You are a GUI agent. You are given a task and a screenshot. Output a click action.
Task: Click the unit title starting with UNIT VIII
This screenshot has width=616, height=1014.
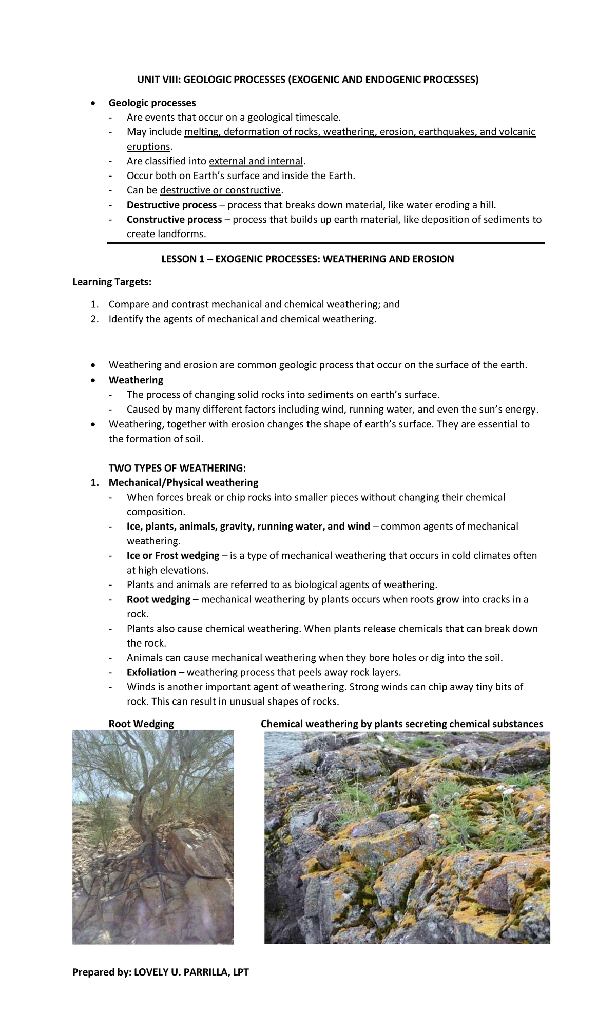307,80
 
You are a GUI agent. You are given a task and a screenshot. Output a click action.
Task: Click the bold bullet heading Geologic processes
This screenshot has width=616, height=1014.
152,103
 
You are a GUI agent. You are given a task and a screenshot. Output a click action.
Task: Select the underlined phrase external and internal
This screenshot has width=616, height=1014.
256,161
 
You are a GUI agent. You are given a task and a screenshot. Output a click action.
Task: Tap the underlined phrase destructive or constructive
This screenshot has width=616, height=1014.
220,190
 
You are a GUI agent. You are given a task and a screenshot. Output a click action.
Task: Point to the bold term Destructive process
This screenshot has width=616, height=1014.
171,205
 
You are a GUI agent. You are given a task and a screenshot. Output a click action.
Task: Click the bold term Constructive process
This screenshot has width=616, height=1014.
174,220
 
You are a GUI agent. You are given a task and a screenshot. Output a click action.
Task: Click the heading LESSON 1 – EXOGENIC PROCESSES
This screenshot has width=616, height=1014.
307,259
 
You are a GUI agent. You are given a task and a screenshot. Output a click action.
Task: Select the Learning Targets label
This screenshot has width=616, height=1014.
112,282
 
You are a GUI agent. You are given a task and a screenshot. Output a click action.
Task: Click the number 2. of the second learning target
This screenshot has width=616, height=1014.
94,319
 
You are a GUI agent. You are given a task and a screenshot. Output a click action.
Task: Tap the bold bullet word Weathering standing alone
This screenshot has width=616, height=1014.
136,380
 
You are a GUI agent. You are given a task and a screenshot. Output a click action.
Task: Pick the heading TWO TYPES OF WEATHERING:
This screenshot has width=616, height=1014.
177,468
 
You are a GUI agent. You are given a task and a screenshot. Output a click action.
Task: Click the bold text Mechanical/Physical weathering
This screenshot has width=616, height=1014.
183,483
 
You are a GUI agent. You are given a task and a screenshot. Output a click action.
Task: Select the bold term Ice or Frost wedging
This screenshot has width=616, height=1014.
173,556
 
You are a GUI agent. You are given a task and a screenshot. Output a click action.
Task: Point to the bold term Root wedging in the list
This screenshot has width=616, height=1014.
158,599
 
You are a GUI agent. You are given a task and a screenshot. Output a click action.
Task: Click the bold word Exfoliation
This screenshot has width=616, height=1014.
151,672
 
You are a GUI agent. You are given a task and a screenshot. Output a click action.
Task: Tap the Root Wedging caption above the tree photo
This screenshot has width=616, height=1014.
141,724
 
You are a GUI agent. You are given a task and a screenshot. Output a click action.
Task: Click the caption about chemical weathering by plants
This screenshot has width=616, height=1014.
401,724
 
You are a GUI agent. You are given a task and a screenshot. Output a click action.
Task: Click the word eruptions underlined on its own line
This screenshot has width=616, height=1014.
148,147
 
